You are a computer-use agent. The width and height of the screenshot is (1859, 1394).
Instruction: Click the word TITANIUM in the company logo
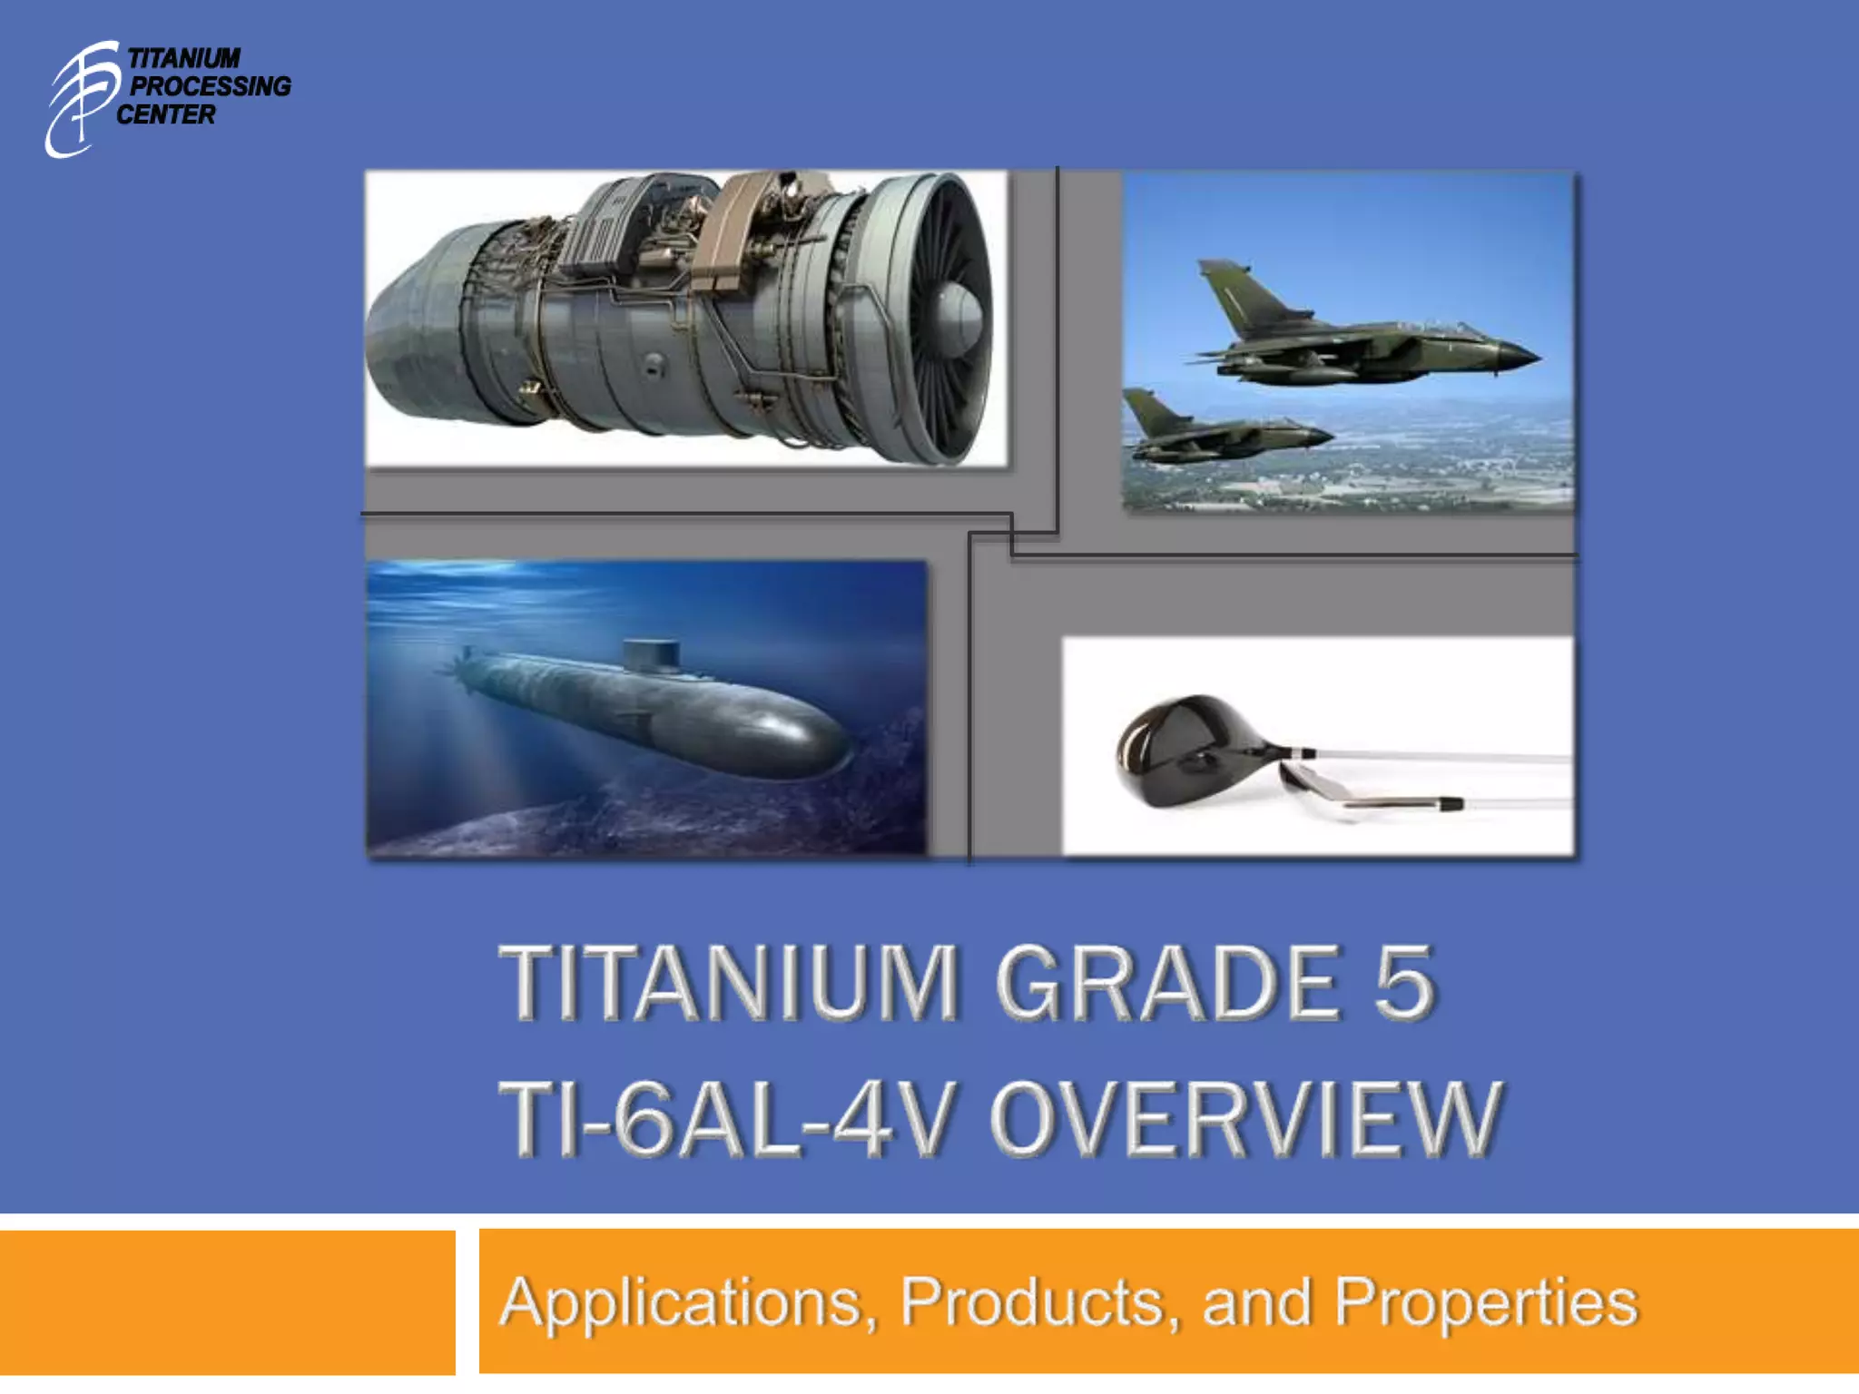pos(184,59)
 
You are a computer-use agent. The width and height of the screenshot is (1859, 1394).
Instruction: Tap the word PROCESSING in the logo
pos(211,87)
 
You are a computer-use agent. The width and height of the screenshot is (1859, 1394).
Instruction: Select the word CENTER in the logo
pos(166,115)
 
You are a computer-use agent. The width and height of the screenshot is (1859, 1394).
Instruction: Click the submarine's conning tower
pos(651,655)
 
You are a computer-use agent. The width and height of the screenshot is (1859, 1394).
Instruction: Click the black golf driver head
pos(1180,749)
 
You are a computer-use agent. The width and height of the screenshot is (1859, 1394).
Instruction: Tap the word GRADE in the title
pos(1169,983)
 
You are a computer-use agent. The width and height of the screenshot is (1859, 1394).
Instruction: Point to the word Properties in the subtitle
pos(1486,1303)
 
